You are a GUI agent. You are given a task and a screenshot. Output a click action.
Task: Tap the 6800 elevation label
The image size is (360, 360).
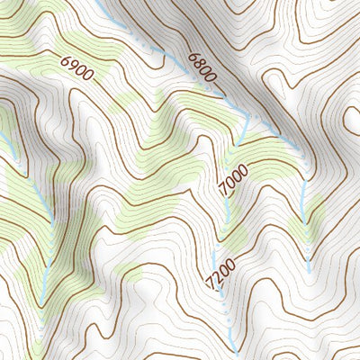(203, 69)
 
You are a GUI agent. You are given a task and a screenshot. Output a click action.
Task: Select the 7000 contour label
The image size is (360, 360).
(232, 181)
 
